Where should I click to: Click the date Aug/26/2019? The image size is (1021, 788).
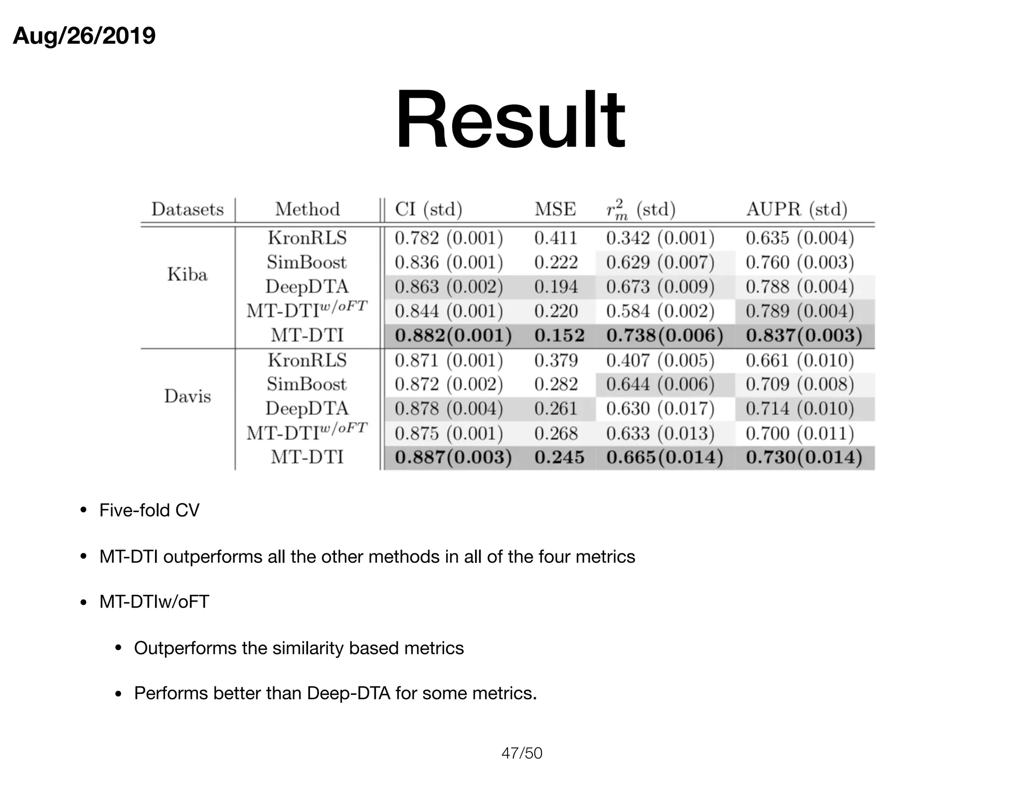coord(84,36)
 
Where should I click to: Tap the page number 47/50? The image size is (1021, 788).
coord(521,753)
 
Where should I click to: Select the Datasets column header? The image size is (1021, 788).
coord(187,209)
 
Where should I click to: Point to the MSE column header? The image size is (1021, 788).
coord(555,209)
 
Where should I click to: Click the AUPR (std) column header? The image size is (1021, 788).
coord(797,209)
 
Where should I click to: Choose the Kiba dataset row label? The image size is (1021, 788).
coord(187,274)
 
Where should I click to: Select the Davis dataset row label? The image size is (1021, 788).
coord(187,396)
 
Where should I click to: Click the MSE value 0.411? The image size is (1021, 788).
coord(556,238)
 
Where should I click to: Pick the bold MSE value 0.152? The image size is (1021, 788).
coord(559,335)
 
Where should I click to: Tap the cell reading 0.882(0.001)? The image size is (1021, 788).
coord(453,335)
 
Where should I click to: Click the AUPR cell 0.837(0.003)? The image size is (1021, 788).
coord(804,335)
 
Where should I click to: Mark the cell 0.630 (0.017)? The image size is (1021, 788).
coord(660,409)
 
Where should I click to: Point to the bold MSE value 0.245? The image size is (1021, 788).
coord(559,457)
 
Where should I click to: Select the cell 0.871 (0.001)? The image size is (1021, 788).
coord(449,360)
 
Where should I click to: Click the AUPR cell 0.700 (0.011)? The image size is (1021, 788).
coord(800,433)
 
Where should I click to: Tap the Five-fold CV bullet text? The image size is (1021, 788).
coord(149,511)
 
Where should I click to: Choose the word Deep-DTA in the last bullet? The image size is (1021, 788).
coord(348,693)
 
